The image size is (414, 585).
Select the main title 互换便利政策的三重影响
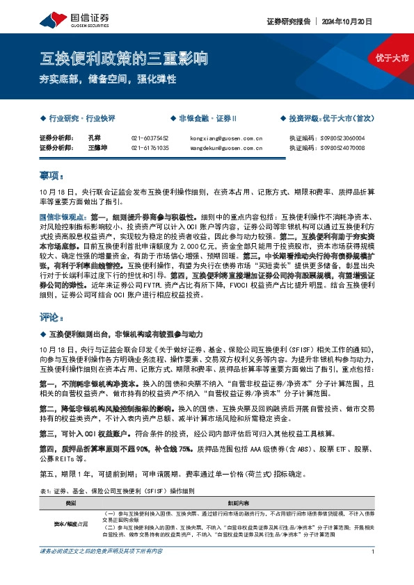124,58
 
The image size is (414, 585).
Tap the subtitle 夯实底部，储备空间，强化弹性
108,80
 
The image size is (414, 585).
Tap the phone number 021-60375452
150,138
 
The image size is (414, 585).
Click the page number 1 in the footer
374,571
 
